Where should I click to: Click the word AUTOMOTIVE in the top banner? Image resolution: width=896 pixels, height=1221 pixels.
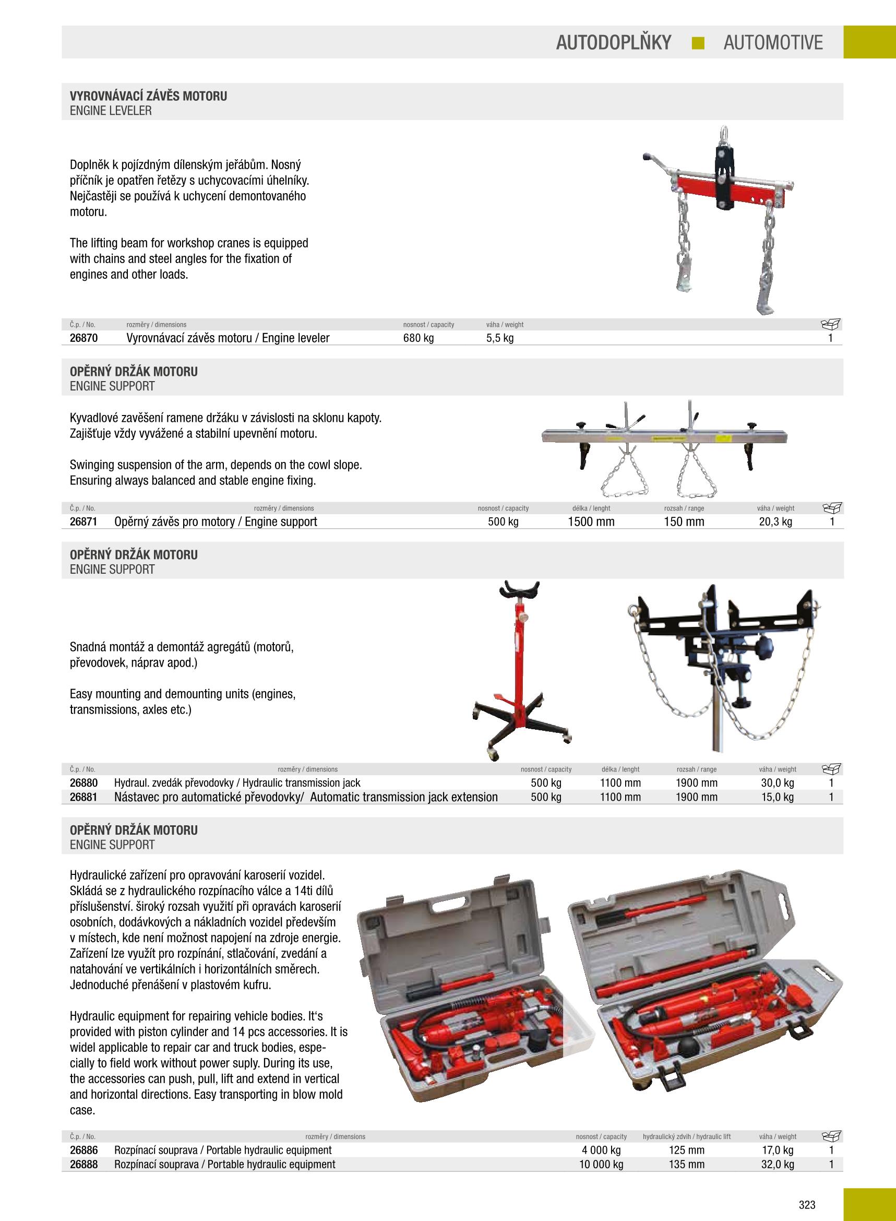pyautogui.click(x=772, y=42)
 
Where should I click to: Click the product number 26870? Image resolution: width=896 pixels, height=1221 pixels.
pyautogui.click(x=83, y=338)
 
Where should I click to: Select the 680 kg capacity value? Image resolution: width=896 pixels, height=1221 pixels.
pyautogui.click(x=418, y=338)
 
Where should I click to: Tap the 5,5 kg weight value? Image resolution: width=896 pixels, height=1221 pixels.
pyautogui.click(x=499, y=338)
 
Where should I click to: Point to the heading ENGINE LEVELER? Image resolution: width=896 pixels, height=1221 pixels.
pyautogui.click(x=111, y=111)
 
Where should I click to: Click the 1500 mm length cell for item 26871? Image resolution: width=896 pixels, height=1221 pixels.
pyautogui.click(x=591, y=522)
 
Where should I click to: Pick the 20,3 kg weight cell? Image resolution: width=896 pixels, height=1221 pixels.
pyautogui.click(x=775, y=522)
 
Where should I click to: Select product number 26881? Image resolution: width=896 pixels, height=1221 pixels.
pyautogui.click(x=83, y=797)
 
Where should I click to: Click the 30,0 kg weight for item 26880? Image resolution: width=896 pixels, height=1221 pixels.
pyautogui.click(x=777, y=783)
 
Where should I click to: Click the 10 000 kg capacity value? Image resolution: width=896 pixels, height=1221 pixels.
pyautogui.click(x=601, y=1165)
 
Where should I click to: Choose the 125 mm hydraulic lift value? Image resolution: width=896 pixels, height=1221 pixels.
pyautogui.click(x=686, y=1151)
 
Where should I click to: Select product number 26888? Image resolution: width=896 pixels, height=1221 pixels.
pyautogui.click(x=83, y=1165)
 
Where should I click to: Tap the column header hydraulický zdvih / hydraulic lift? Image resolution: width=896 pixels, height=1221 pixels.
pyautogui.click(x=686, y=1136)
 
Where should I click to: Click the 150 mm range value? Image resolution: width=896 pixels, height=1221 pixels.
pyautogui.click(x=684, y=522)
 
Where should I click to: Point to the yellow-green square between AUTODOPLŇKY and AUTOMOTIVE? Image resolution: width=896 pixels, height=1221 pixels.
pyautogui.click(x=698, y=43)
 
